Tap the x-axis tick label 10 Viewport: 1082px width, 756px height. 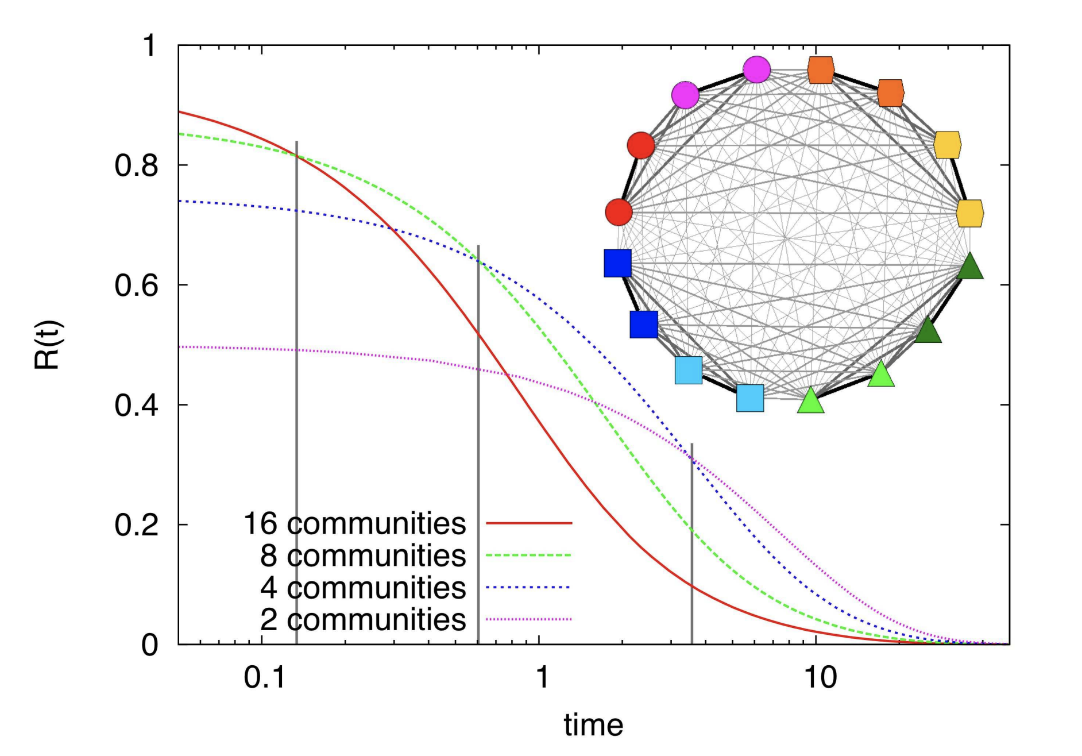point(820,678)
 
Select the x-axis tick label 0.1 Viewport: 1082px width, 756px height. point(264,678)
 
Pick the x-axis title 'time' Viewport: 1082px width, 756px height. point(593,725)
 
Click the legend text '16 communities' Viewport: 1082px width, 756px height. point(355,523)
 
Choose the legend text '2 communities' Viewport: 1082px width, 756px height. point(363,619)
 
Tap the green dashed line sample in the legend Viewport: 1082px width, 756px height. point(528,556)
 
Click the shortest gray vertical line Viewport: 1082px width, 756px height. point(692,543)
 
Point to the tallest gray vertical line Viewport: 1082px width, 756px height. point(296,391)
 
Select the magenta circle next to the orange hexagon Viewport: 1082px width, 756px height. point(756,70)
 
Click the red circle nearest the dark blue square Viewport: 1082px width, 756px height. point(619,212)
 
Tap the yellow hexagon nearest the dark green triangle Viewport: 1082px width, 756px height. point(970,213)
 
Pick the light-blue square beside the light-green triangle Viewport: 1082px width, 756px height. point(750,398)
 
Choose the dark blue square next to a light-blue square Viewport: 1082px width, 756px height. point(644,325)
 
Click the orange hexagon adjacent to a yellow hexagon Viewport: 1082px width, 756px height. point(891,93)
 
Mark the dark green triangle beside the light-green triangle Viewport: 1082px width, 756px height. point(928,330)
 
